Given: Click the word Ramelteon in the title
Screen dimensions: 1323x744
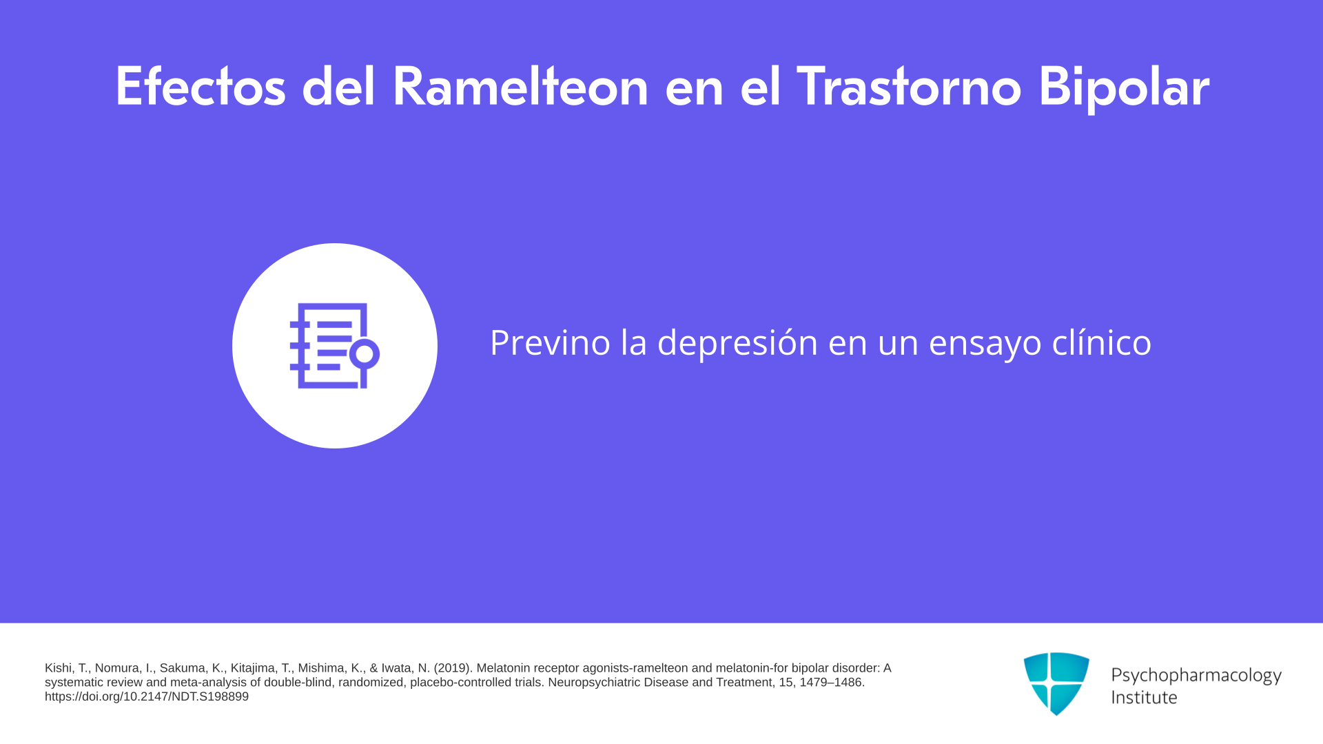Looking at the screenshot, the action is (520, 87).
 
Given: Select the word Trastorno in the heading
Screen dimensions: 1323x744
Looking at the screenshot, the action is (909, 87).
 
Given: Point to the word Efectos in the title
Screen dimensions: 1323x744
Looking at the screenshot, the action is (201, 87).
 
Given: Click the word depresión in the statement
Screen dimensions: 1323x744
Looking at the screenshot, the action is (737, 342).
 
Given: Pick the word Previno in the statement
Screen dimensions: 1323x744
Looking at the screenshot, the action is (550, 342).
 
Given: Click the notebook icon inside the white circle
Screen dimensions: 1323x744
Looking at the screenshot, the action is (335, 346).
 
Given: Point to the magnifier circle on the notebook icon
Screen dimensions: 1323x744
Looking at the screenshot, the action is (365, 354).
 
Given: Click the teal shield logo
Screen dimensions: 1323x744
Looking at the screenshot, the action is (1056, 683).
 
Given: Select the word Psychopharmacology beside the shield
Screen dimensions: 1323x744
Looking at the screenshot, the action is (1196, 675).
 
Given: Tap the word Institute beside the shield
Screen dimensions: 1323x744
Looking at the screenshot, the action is (1144, 697).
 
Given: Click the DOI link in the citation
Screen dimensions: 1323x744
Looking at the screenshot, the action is (147, 696).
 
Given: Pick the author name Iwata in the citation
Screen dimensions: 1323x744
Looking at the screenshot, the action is (398, 668).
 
